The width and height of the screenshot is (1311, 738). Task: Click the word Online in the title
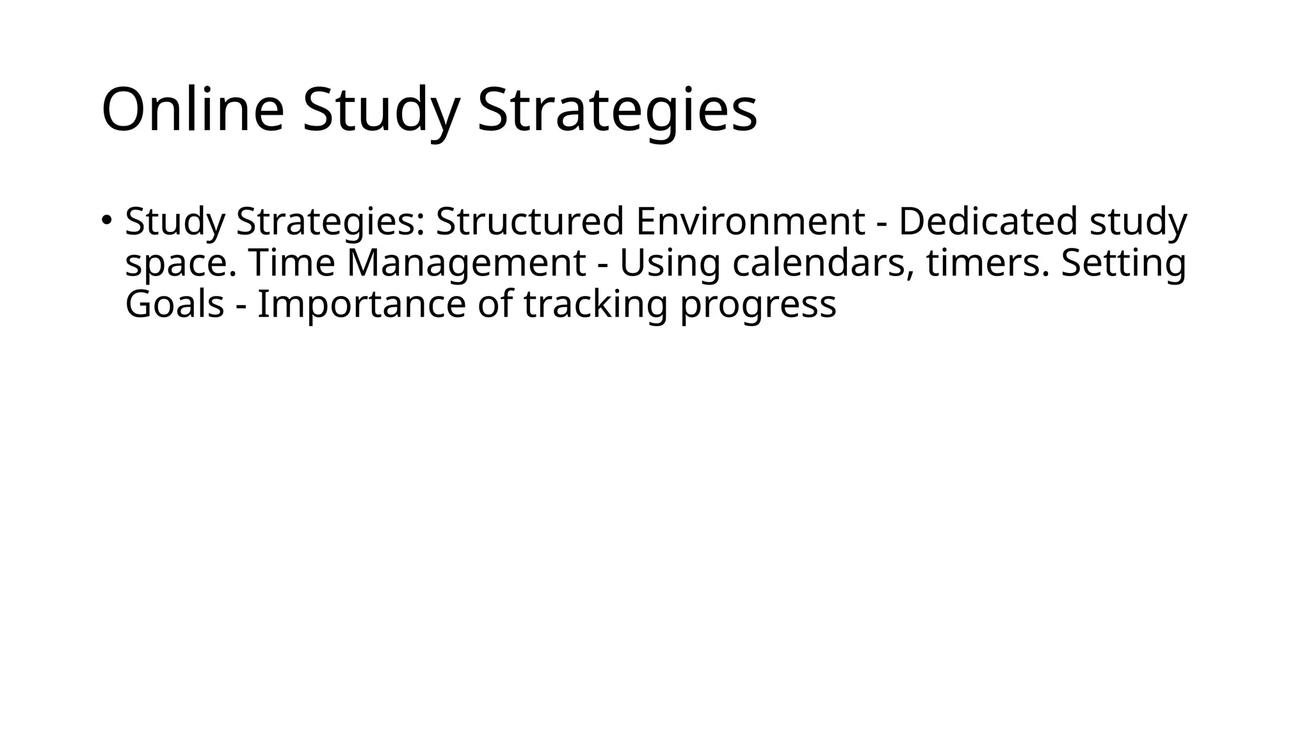click(192, 110)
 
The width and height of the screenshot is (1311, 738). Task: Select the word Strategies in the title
click(617, 110)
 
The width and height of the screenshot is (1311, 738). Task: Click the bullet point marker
click(106, 220)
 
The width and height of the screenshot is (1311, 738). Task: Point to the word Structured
click(530, 222)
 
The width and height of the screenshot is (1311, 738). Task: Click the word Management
click(466, 263)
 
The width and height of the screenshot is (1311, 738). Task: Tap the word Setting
click(1123, 263)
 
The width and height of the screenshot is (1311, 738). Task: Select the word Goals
click(174, 304)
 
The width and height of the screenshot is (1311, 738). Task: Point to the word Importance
click(361, 304)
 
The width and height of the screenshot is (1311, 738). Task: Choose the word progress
click(758, 305)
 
